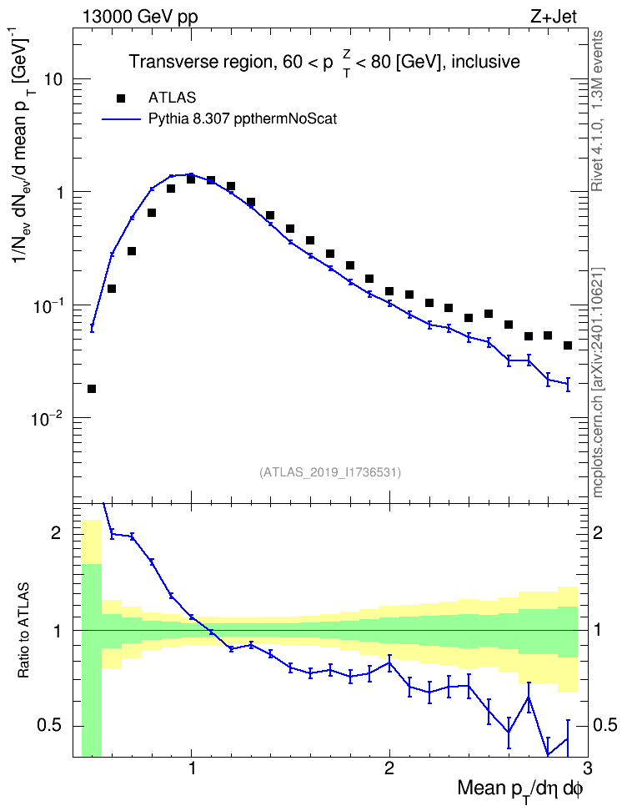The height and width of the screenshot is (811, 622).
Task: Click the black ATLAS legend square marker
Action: point(120,98)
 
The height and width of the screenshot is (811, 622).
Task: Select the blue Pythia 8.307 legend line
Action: point(121,119)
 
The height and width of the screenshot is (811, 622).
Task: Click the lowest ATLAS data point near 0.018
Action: point(92,389)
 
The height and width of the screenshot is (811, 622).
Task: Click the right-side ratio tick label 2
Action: point(598,532)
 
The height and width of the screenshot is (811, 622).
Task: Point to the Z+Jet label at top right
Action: point(553,17)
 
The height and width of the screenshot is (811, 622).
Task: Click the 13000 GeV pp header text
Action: point(139,18)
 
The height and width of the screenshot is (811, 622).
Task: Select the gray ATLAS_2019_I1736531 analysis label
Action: point(329,471)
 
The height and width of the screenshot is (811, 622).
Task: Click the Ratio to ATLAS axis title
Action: point(23,630)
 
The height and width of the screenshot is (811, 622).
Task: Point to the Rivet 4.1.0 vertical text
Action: point(598,111)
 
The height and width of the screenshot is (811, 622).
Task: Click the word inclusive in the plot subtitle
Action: point(485,62)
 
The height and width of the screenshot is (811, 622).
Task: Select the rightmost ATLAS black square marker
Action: point(568,345)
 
